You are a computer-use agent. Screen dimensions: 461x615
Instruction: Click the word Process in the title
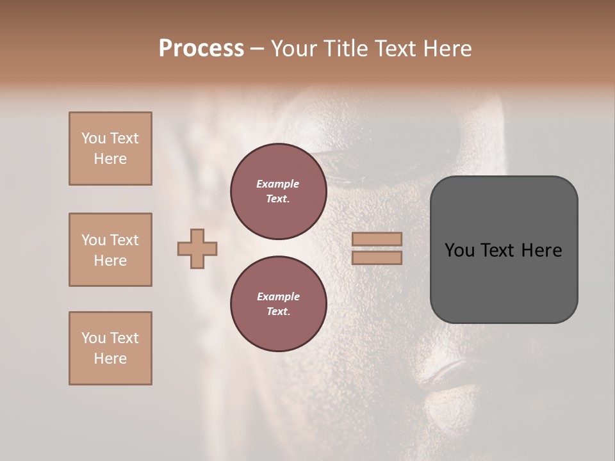pos(201,49)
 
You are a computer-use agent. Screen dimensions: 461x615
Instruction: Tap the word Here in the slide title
pos(445,49)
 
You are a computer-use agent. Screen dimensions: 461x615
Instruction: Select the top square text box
pos(110,149)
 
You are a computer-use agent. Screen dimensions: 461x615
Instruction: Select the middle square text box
pos(110,250)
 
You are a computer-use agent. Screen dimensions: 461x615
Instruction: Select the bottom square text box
pos(110,348)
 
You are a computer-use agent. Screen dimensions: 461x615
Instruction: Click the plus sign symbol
pos(197,248)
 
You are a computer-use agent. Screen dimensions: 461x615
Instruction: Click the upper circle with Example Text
pos(278,191)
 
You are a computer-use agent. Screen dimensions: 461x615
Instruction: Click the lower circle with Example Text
pos(278,303)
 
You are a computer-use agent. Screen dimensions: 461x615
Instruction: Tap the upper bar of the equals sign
pos(377,239)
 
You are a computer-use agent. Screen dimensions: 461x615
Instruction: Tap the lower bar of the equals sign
pos(377,258)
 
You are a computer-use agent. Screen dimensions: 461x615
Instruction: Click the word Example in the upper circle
pos(278,184)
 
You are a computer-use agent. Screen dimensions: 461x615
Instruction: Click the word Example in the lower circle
pos(278,296)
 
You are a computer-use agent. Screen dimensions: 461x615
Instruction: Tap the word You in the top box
pos(93,138)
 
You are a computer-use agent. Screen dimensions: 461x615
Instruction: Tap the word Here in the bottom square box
pos(110,359)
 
